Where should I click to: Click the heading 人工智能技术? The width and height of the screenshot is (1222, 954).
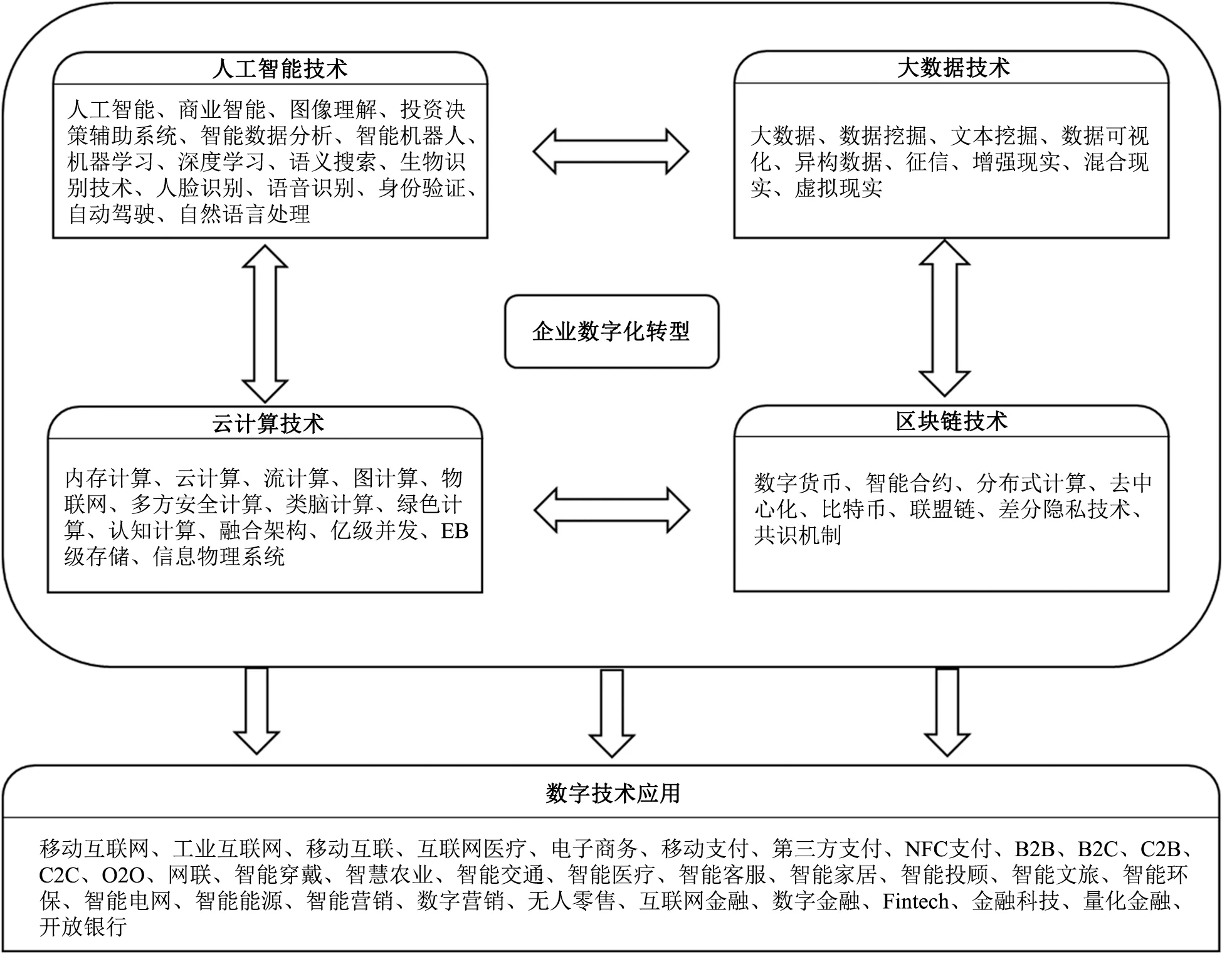click(280, 68)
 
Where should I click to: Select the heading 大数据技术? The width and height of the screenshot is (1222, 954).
click(953, 67)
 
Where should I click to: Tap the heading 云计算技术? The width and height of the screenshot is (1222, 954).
click(268, 424)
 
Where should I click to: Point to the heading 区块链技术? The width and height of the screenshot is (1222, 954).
click(952, 421)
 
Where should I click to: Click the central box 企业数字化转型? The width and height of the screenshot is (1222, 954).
click(611, 332)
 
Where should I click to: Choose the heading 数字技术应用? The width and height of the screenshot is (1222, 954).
click(613, 793)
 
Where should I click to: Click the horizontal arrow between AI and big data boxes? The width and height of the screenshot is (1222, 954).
click(611, 152)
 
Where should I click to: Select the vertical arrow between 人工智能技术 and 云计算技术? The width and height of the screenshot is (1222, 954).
click(265, 323)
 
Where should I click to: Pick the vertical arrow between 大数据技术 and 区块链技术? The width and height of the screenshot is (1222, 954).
click(944, 318)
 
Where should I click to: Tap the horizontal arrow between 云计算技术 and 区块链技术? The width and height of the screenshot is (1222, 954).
click(612, 510)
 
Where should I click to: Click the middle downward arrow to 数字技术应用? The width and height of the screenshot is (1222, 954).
click(612, 713)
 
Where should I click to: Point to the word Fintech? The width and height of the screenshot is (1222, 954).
click(915, 901)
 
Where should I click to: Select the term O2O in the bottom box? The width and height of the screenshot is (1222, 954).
click(123, 875)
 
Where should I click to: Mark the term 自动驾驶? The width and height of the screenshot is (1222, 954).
click(112, 214)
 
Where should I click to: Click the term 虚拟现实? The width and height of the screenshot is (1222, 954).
click(839, 188)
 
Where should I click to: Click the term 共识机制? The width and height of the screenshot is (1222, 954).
click(798, 535)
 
